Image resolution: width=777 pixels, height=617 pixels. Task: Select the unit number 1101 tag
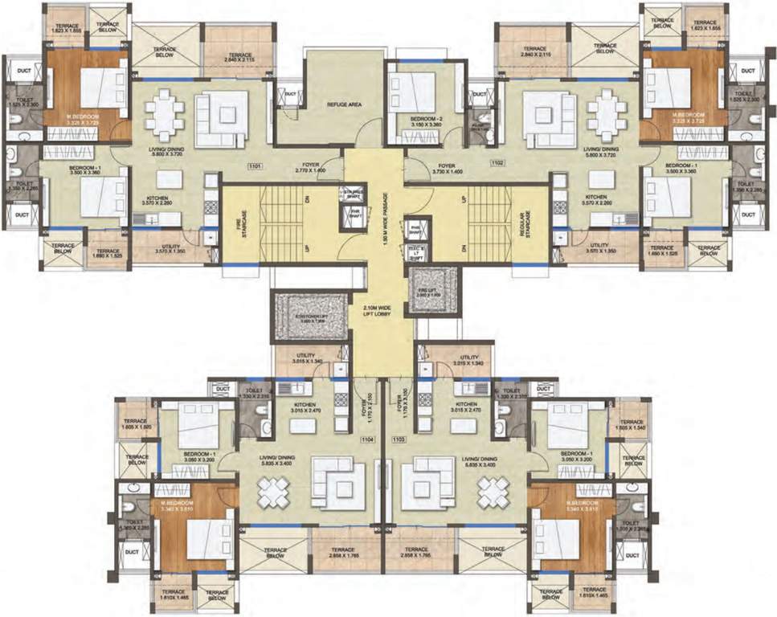(256, 166)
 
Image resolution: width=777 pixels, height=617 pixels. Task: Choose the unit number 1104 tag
(368, 439)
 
